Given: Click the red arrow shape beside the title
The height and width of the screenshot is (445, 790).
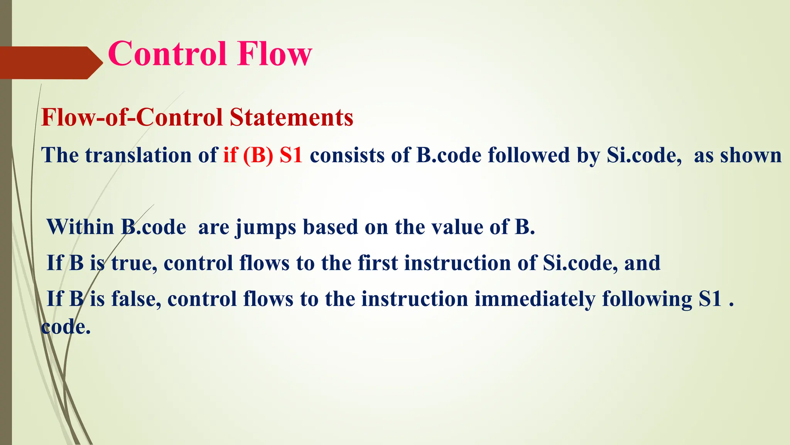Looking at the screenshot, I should pos(50,63).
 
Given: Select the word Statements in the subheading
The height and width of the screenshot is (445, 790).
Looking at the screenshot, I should pos(291,117).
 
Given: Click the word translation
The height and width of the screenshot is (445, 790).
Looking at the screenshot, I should pos(138,155).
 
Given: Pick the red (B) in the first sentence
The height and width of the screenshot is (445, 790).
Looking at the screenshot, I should pos(258,155).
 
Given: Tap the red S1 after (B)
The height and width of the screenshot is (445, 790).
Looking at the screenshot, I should pos(291,155).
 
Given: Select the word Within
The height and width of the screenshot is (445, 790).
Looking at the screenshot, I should pos(80,227).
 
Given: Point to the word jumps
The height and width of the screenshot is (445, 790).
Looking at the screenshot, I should pos(266,228).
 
